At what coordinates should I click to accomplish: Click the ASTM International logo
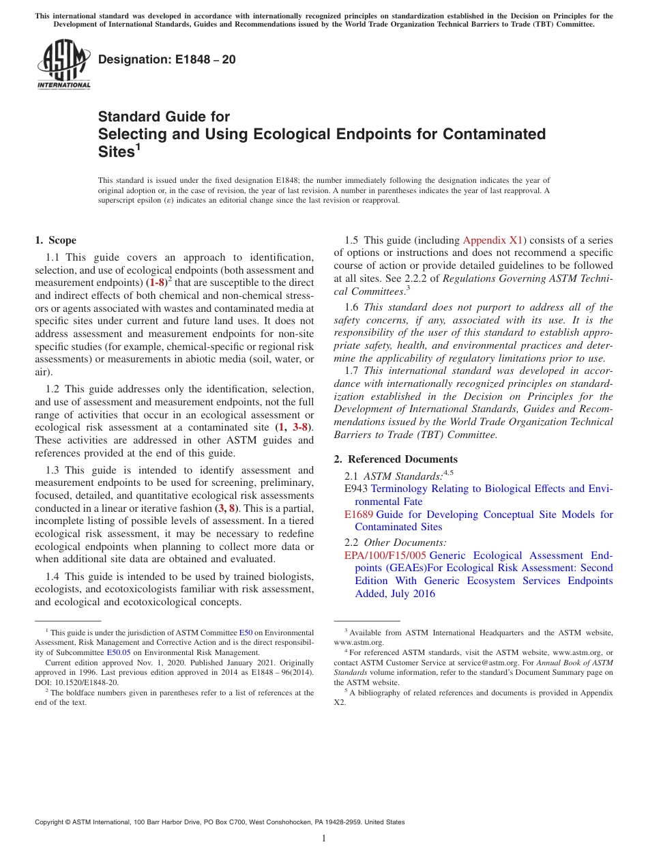click(63, 65)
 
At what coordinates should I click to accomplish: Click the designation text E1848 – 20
click(166, 59)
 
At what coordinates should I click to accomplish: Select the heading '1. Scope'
click(55, 240)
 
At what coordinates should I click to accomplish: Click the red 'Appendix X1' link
click(492, 240)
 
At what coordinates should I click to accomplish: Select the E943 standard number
click(356, 489)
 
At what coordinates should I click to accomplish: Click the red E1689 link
click(358, 515)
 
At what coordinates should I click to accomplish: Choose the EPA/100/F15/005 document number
click(385, 555)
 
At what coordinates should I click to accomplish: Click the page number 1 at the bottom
click(324, 838)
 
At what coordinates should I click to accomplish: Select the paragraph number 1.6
click(352, 307)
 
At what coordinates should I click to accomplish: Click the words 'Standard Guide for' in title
click(164, 117)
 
